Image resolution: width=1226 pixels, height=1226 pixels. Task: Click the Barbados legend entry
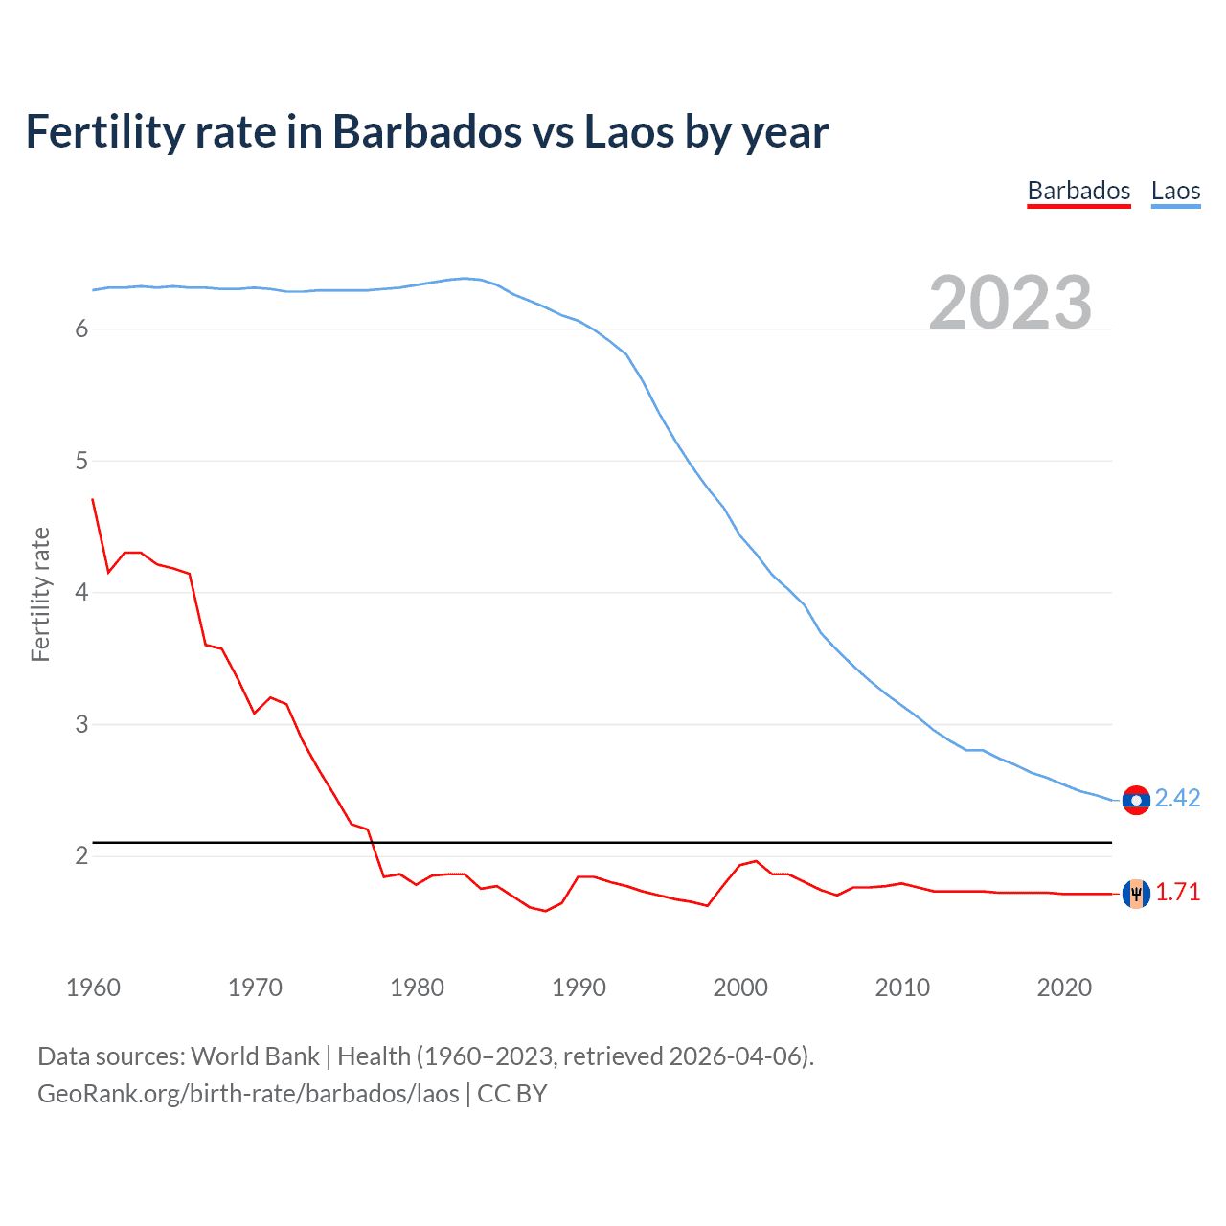1078,191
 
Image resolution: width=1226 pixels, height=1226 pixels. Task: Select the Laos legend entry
1175,191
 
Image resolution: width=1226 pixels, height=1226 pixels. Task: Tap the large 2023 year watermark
1010,303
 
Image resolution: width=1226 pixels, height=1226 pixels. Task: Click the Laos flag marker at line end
1136,800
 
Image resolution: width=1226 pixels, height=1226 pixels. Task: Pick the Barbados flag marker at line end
1136,894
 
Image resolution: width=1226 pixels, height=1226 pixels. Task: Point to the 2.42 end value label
1177,799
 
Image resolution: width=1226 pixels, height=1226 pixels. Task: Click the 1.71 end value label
1177,893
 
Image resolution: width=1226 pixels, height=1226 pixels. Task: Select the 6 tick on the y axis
81,329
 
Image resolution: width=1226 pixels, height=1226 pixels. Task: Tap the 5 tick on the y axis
81,462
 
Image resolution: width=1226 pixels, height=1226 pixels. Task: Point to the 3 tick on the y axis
81,725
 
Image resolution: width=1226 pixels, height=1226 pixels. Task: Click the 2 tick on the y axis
81,856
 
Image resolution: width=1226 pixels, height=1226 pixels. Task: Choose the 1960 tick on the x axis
93,988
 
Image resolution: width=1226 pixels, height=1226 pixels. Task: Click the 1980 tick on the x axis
417,988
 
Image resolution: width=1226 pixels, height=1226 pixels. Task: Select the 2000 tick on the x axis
740,988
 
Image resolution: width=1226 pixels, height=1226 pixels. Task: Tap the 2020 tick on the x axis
1064,988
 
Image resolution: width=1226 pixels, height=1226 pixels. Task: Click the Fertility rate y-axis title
40,594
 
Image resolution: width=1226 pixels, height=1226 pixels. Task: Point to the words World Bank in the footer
255,1056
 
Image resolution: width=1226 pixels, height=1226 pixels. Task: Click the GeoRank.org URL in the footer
248,1094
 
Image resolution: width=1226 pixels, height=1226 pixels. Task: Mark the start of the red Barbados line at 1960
93,499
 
